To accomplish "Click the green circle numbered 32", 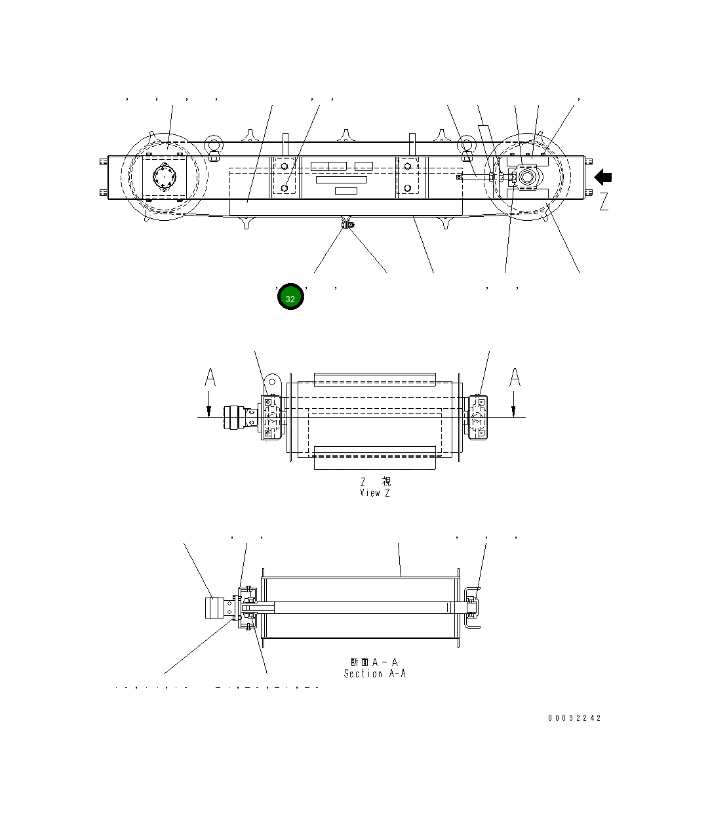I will tap(290, 297).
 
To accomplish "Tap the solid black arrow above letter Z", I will tap(603, 177).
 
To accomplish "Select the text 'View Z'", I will tap(375, 493).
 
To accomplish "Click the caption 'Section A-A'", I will tap(375, 674).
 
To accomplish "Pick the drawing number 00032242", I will tap(574, 718).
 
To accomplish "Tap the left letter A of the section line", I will tap(210, 377).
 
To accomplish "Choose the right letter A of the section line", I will tap(515, 377).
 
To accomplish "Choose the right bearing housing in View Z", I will tap(478, 417).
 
